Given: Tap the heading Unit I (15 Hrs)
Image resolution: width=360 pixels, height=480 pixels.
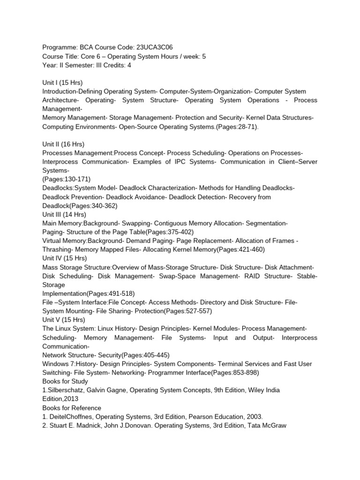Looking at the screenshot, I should (x=62, y=82).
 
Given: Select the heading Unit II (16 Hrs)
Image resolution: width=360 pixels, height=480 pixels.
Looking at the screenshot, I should (x=63, y=144).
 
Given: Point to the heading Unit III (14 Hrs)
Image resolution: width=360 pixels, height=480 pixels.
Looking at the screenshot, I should (x=65, y=214).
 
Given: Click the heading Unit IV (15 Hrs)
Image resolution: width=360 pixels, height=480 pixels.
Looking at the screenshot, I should (x=65, y=258).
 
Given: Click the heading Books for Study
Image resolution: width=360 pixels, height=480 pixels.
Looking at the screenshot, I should (x=65, y=382).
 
